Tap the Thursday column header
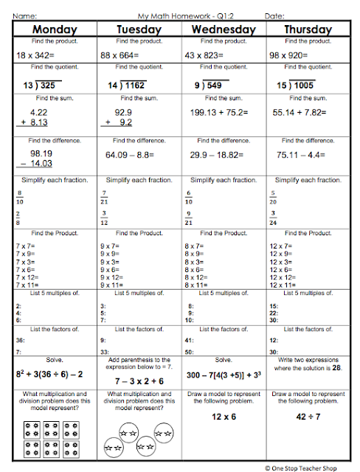click(305, 29)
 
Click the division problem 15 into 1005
click(296, 85)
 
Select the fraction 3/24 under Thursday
click(274, 218)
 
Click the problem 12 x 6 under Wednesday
click(224, 417)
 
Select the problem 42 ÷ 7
click(308, 417)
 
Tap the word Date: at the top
click(274, 15)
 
